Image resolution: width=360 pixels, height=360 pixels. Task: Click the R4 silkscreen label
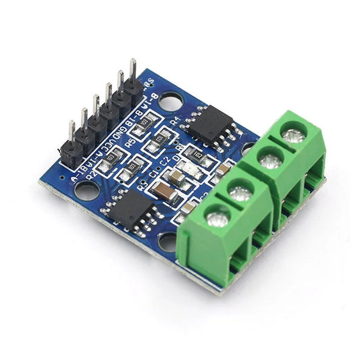click(x=176, y=122)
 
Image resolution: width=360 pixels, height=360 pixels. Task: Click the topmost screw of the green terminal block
click(x=293, y=136)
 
